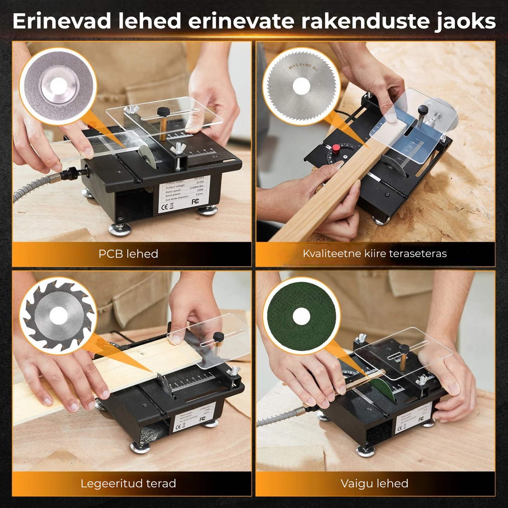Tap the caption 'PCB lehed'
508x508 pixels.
pyautogui.click(x=128, y=254)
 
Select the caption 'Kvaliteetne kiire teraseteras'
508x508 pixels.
pyautogui.click(x=375, y=253)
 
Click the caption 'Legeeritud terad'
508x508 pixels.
pyautogui.click(x=128, y=483)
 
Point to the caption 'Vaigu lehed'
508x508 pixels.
pyautogui.click(x=374, y=483)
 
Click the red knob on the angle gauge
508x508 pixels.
pyautogui.click(x=336, y=148)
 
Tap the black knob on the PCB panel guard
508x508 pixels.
pyautogui.click(x=163, y=112)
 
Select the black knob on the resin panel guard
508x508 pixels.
pyautogui.click(x=404, y=348)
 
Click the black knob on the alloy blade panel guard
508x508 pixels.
pyautogui.click(x=218, y=336)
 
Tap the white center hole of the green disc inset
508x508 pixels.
pyautogui.click(x=301, y=316)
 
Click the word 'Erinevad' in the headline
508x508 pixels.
pyautogui.click(x=62, y=21)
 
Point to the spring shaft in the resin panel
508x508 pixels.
pyautogui.click(x=278, y=417)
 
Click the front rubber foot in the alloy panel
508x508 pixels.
pyautogui.click(x=140, y=447)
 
